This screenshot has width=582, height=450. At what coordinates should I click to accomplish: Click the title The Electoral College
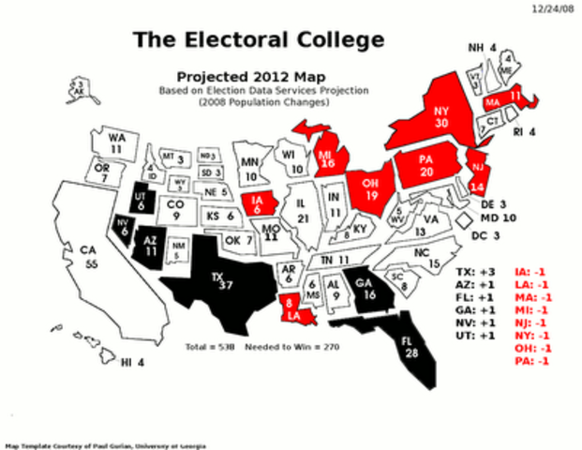coord(258,39)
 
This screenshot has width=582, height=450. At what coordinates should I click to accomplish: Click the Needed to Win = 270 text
coord(291,346)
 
